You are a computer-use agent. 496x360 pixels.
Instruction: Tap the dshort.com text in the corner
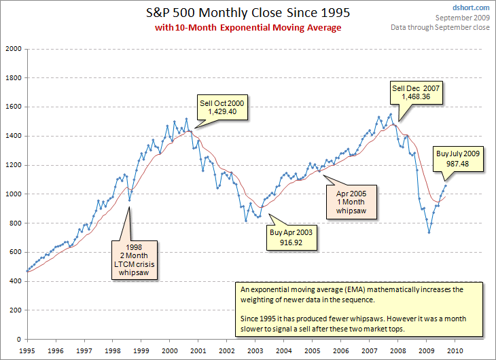474,7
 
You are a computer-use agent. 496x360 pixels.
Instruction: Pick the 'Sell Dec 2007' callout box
415,92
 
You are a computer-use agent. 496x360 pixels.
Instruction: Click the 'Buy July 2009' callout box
458,160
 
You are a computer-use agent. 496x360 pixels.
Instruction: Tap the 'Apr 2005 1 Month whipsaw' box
350,202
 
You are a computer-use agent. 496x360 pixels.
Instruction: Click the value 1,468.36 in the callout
415,97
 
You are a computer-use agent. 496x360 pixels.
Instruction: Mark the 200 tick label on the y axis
14,310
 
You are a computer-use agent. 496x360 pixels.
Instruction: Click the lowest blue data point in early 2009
429,232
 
